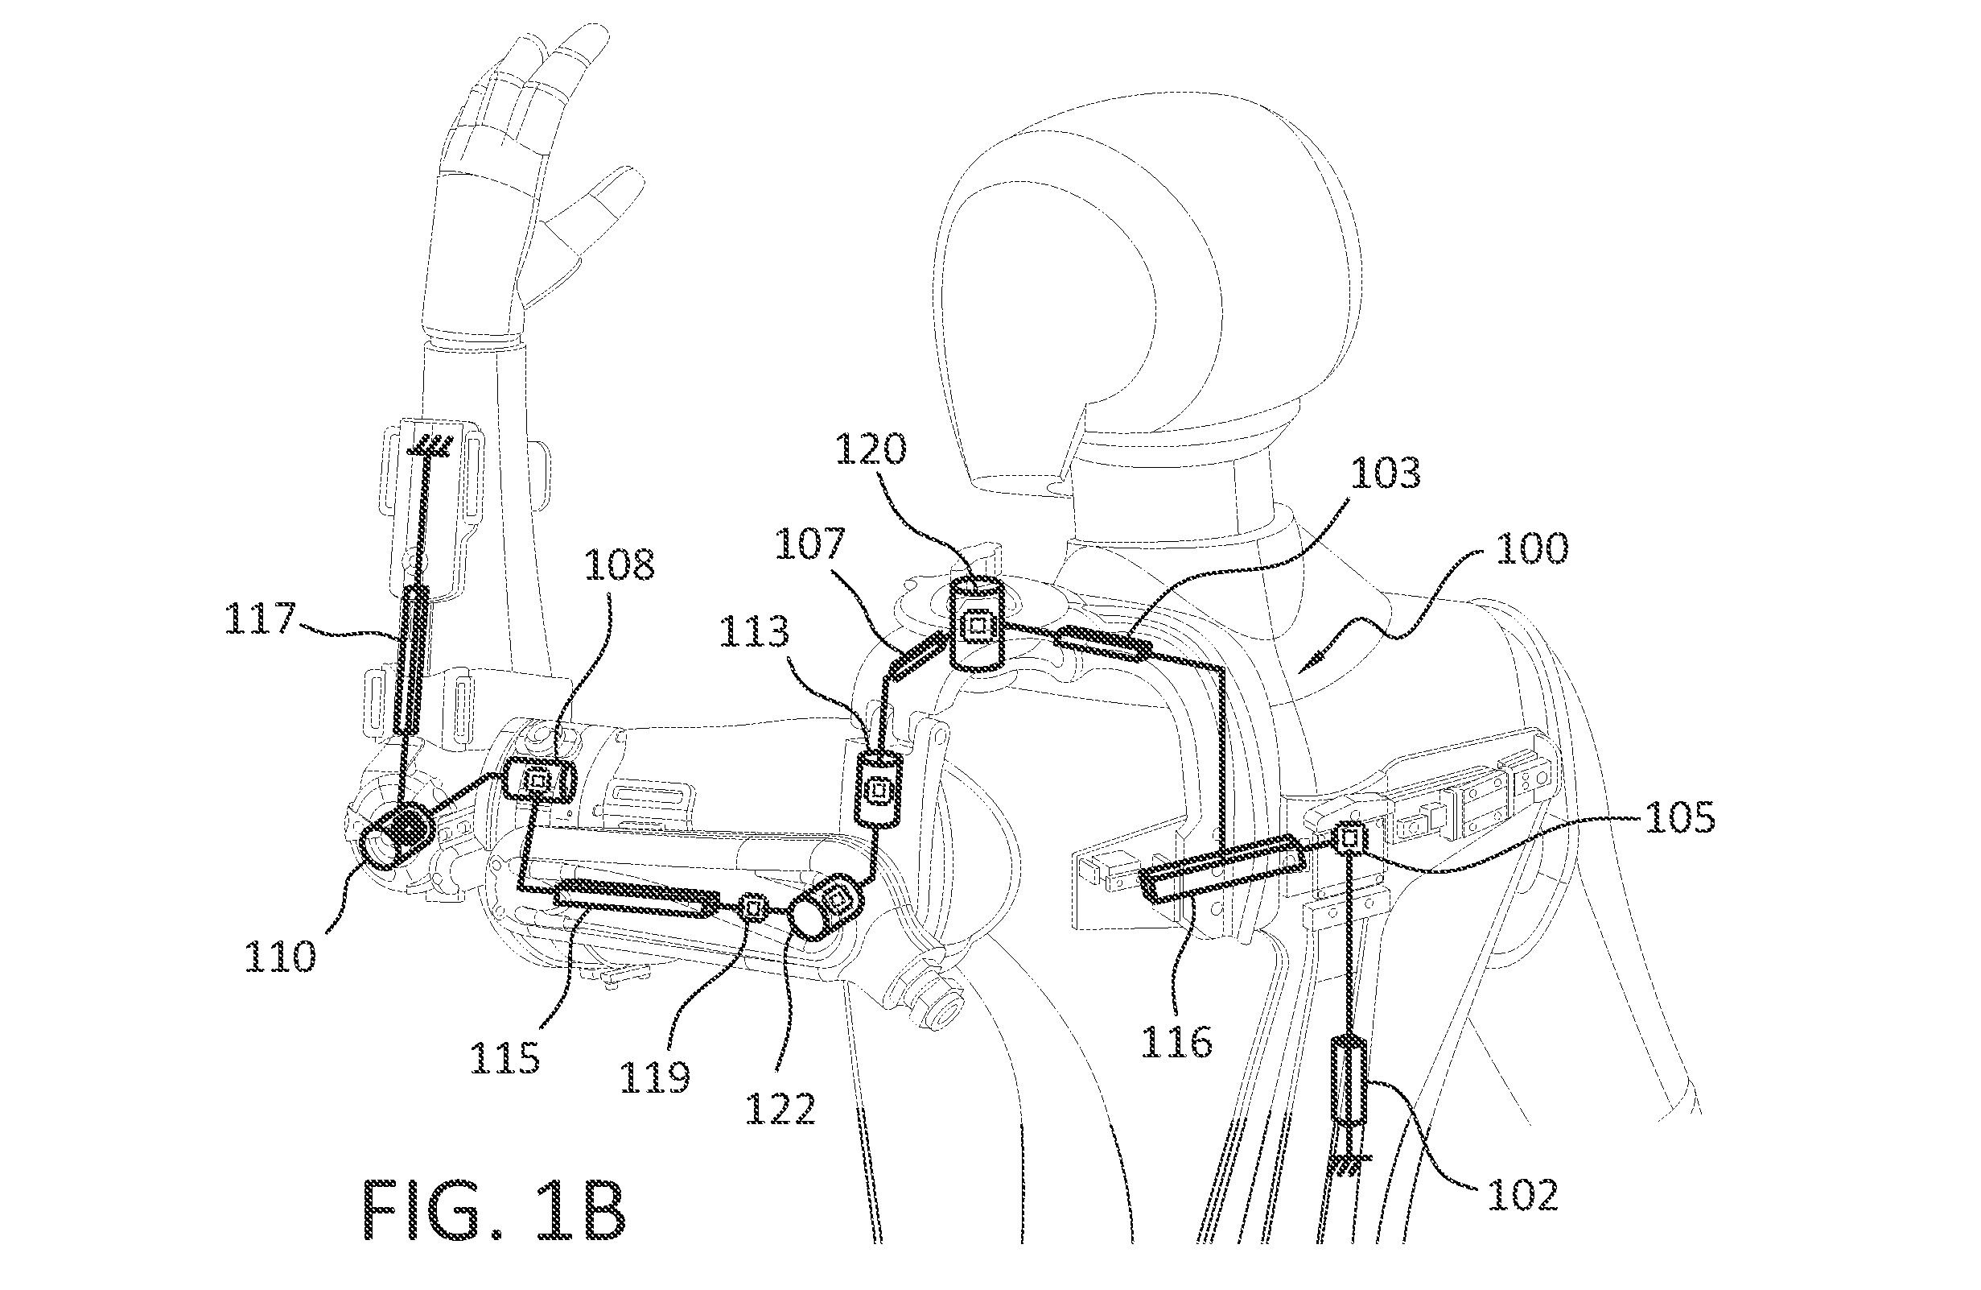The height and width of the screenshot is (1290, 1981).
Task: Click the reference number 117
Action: [261, 620]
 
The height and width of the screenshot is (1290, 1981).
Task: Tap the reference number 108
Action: [620, 564]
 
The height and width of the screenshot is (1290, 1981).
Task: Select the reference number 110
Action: [281, 957]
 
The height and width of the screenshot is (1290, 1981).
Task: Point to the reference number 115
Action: [505, 1057]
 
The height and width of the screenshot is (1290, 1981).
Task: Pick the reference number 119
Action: [655, 1077]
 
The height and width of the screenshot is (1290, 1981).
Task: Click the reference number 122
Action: [780, 1108]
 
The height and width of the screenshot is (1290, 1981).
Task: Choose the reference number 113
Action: [754, 632]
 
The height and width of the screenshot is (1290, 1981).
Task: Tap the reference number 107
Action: [810, 545]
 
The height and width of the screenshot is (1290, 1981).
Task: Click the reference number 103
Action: [1385, 473]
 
